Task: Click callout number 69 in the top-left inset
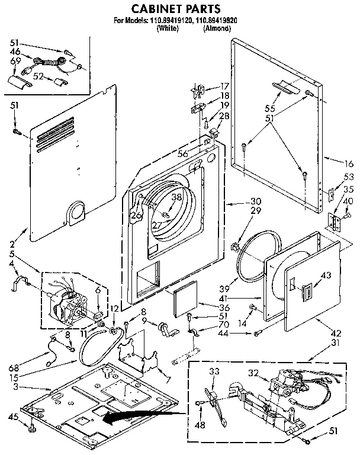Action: (x=15, y=62)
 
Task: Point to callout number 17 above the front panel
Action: (x=225, y=85)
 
